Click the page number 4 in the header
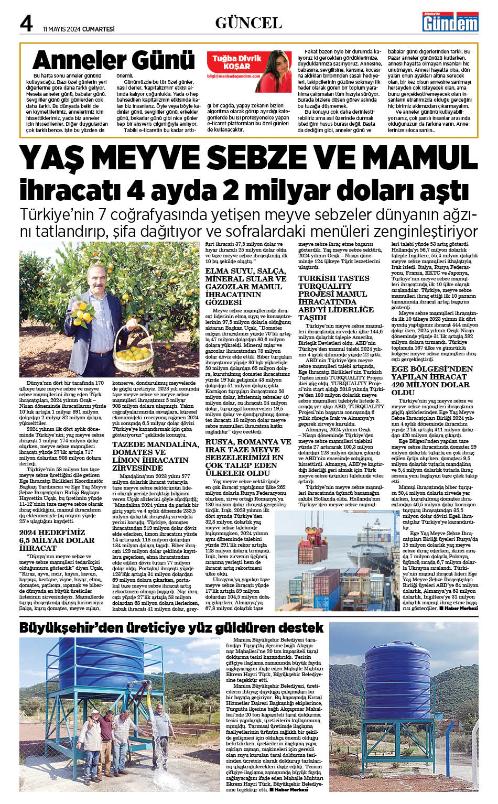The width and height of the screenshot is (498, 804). (26, 23)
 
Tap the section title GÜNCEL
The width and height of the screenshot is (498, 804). (248, 23)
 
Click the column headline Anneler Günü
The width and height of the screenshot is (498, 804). (113, 60)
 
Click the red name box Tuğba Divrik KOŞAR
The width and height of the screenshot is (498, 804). (236, 62)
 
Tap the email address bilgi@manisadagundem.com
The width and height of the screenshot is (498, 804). (233, 76)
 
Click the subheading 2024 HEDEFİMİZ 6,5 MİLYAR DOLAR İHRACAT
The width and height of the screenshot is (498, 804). (57, 540)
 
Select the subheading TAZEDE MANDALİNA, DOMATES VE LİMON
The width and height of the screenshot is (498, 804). (156, 455)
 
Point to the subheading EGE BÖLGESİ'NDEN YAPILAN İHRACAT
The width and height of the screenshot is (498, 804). (432, 380)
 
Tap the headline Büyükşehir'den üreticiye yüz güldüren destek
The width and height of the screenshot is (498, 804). (171, 628)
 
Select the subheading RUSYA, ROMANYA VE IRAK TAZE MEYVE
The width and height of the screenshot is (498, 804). (248, 457)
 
